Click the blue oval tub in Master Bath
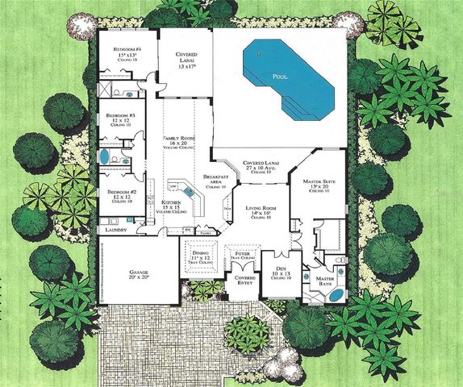(x=333, y=296)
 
